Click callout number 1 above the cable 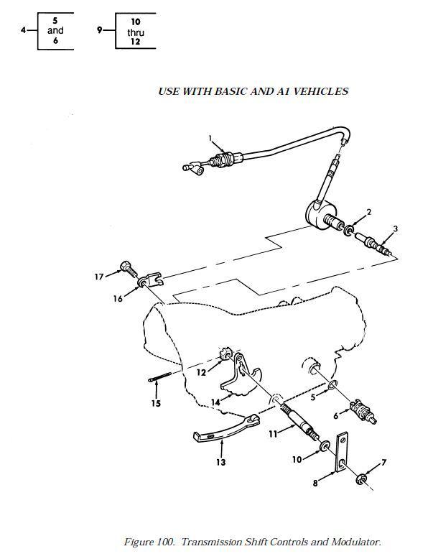coord(210,137)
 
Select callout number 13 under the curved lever coord(221,463)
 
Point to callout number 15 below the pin coord(156,403)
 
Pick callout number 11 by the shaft coord(272,433)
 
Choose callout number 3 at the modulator coord(394,229)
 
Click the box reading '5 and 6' coord(55,31)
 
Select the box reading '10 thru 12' coord(134,32)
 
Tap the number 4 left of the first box coord(24,30)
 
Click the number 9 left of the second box coord(100,30)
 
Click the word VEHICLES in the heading coord(322,91)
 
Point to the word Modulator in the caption coord(355,542)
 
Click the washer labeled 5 coord(333,389)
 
